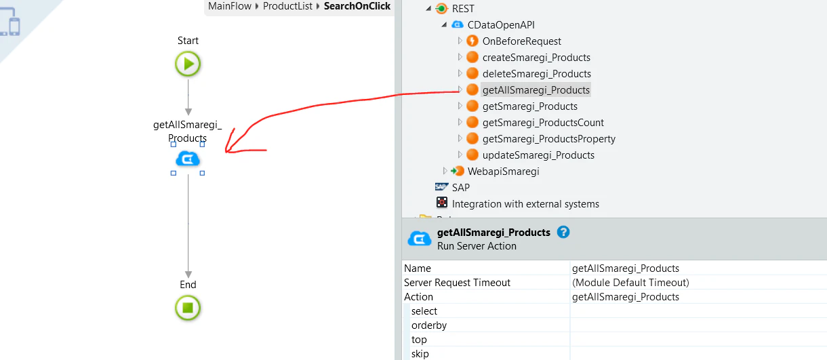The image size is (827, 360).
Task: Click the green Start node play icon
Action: click(188, 64)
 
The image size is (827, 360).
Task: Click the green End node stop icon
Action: click(188, 308)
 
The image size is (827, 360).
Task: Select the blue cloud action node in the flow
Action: click(188, 159)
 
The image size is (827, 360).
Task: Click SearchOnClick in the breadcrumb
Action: click(357, 6)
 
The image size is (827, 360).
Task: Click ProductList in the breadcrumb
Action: click(287, 6)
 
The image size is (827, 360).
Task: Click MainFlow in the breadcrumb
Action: click(230, 6)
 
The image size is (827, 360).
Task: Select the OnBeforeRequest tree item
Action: click(522, 41)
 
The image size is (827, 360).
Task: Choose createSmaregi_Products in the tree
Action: click(536, 57)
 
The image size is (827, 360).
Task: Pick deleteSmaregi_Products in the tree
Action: click(536, 73)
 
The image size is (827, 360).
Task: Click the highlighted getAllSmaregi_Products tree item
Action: click(536, 89)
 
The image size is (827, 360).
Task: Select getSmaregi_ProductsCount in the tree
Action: click(543, 122)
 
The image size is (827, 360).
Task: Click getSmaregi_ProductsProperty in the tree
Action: click(548, 138)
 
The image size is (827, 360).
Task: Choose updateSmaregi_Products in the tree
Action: click(538, 155)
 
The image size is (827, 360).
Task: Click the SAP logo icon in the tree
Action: click(441, 187)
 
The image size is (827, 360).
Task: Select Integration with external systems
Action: click(525, 204)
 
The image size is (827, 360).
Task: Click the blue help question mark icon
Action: click(563, 233)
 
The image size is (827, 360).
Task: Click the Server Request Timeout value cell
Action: click(698, 283)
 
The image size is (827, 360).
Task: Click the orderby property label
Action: click(429, 325)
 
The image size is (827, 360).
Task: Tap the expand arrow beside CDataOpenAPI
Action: click(444, 24)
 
